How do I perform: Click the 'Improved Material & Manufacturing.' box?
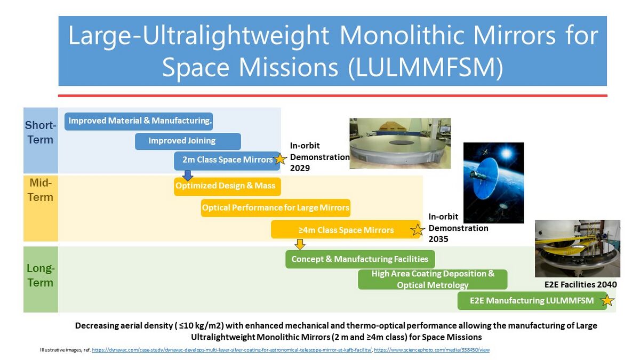click(x=139, y=122)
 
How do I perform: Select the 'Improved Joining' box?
click(x=188, y=141)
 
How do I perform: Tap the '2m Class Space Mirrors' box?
click(x=227, y=161)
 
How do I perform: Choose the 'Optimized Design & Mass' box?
click(x=227, y=187)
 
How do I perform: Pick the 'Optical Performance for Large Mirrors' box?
click(x=275, y=207)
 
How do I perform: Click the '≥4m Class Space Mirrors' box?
click(x=346, y=229)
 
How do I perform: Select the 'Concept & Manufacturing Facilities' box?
click(x=360, y=259)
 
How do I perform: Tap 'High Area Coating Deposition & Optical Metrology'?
click(x=433, y=279)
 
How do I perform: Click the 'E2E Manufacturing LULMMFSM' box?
click(x=532, y=301)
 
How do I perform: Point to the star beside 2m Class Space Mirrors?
click(x=280, y=159)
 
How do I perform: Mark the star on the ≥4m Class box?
click(x=417, y=230)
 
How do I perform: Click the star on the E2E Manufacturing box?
click(x=607, y=301)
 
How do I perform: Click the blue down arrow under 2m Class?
click(x=187, y=175)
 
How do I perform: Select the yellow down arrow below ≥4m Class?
click(x=299, y=244)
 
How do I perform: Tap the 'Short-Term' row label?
click(x=41, y=133)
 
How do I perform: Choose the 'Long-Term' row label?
click(x=41, y=275)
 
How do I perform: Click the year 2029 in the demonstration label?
click(x=300, y=168)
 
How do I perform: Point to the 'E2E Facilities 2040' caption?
click(x=580, y=285)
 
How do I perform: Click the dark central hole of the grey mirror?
click(x=401, y=142)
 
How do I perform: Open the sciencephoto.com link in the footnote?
click(x=431, y=350)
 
